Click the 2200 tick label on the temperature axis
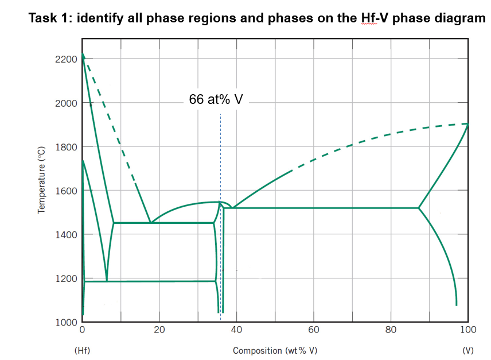pos(67,59)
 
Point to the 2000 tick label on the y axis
pos(67,103)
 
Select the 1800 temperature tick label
pos(67,147)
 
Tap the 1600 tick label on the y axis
pos(67,191)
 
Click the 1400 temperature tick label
pos(67,234)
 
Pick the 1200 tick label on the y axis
pos(67,278)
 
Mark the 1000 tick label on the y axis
pos(67,322)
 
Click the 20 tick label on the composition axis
pos(159,330)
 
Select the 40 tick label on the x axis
pos(236,330)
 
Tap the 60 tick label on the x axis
pos(314,330)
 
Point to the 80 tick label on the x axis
pos(391,330)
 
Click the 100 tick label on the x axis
pos(467,330)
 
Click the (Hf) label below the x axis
pos(83,350)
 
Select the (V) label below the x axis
pos(467,350)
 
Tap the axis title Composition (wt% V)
pos(275,350)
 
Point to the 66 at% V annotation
pos(216,99)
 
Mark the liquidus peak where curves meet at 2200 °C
pos(83,55)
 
